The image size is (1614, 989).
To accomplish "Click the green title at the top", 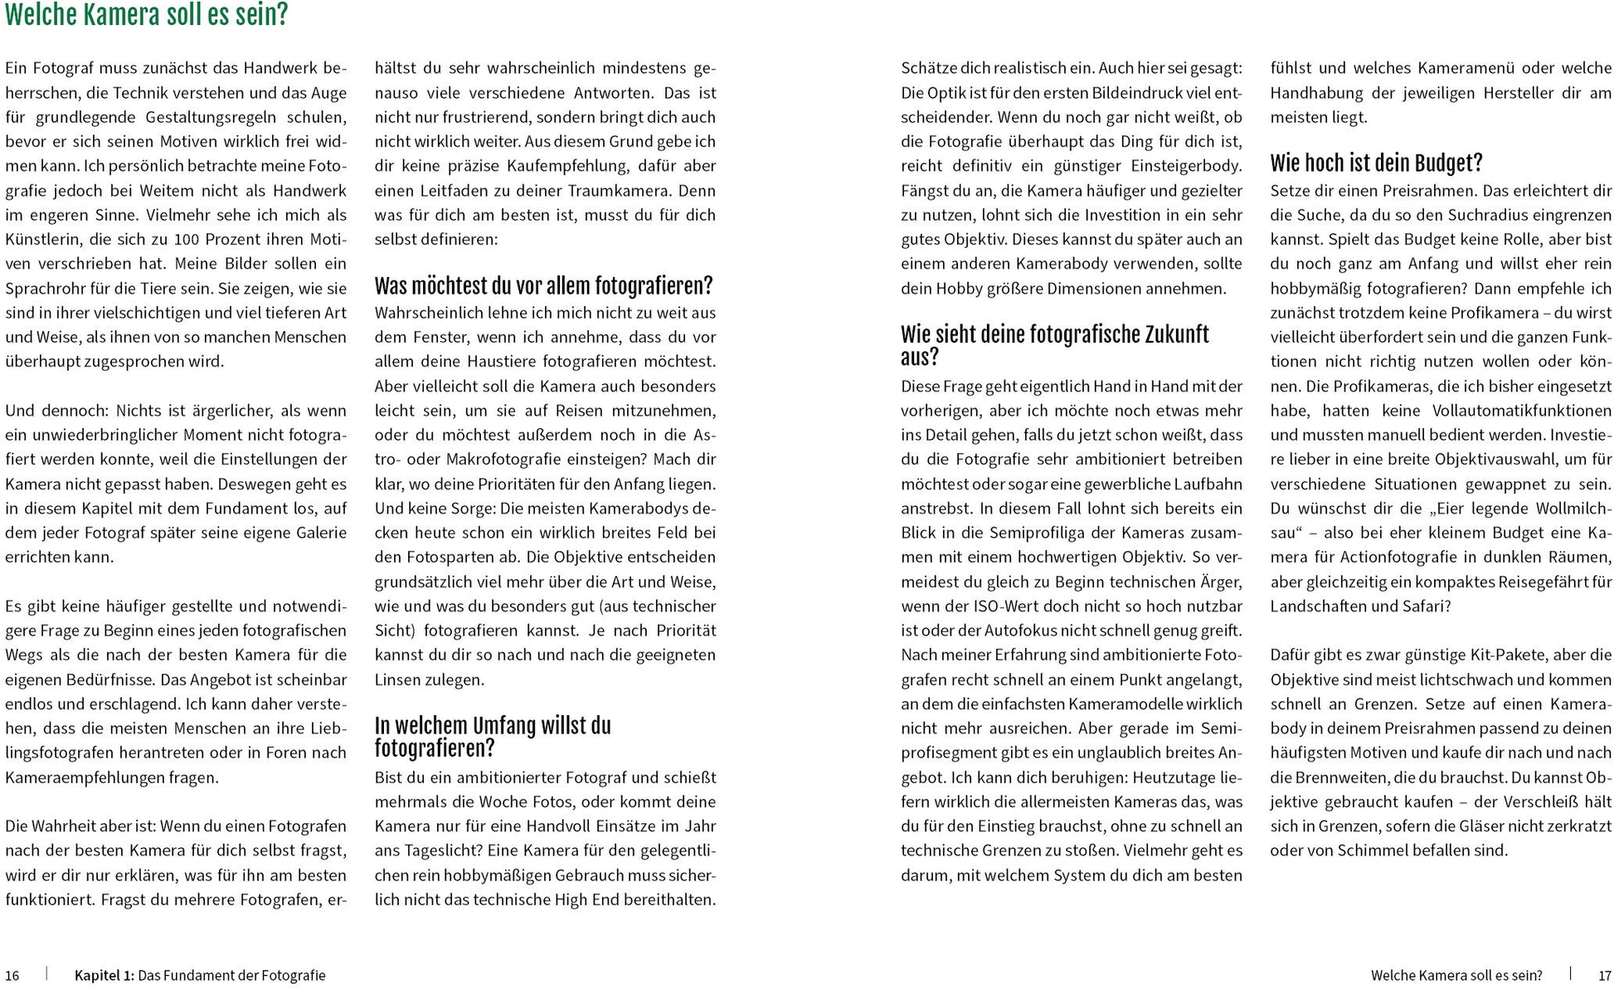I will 147,16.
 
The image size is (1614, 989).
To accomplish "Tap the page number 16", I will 12,976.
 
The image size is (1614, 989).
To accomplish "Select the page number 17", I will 1604,976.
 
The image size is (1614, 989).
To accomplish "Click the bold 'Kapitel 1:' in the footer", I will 104,976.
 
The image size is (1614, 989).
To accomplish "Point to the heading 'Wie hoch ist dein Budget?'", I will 1376,163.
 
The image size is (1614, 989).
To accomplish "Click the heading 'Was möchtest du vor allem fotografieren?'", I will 543,287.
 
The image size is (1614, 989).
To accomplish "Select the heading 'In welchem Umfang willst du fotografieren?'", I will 493,737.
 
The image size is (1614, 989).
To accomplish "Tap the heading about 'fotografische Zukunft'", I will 1054,345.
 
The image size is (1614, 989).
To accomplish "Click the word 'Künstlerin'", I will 41,240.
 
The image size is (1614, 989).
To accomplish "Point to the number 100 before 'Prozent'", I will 186,240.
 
